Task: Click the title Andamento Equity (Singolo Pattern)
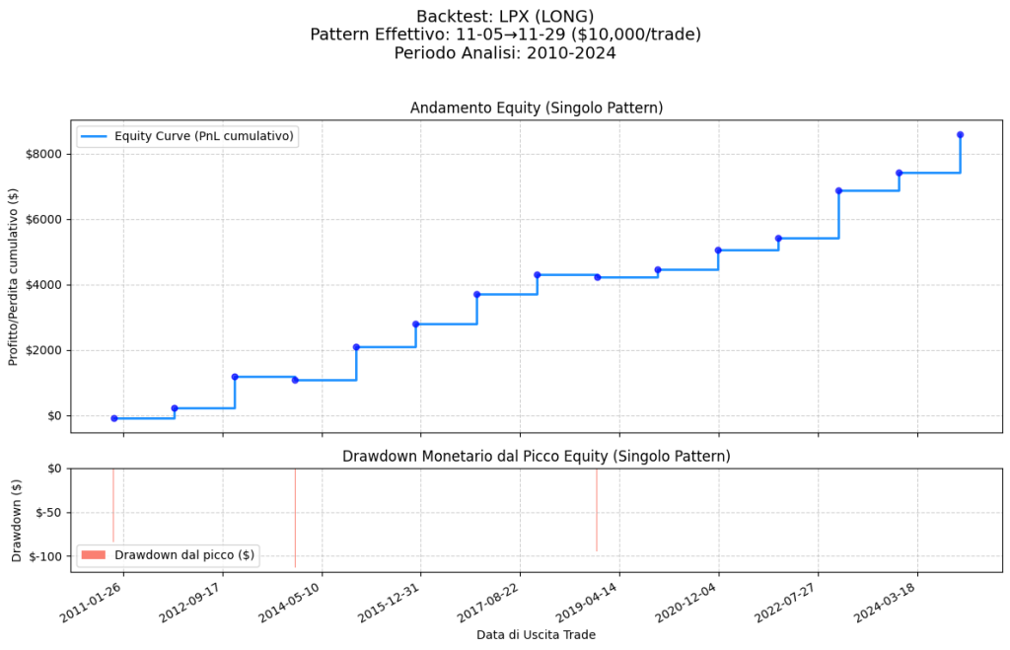point(537,108)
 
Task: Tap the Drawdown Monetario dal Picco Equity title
point(537,456)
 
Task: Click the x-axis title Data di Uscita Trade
point(536,634)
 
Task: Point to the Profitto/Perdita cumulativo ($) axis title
point(14,276)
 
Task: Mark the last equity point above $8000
point(960,134)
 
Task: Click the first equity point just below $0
point(114,418)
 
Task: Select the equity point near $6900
point(838,190)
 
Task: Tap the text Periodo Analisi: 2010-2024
point(505,53)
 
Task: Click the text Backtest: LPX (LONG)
point(505,16)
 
